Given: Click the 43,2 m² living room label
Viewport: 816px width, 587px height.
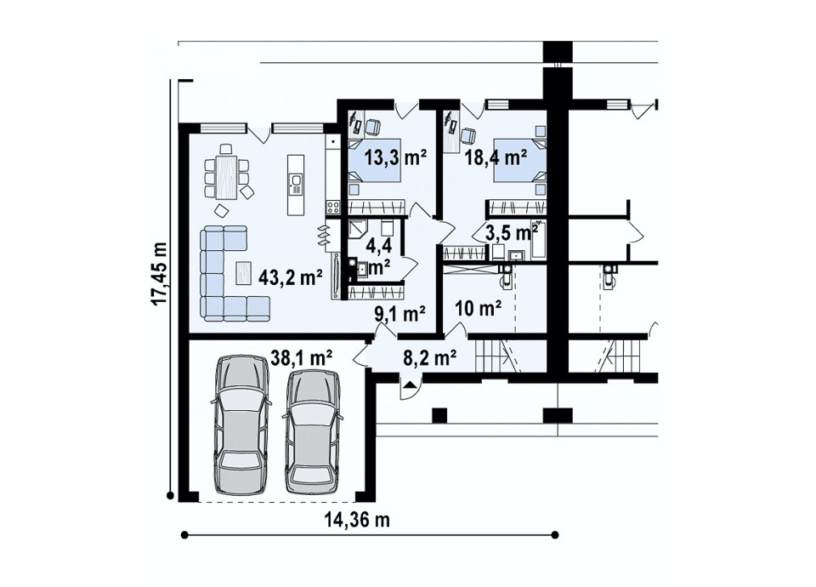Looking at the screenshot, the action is click(291, 277).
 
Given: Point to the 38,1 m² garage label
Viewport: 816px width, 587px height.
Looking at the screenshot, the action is click(302, 358).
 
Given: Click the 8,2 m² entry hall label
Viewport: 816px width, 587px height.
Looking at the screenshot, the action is click(430, 357).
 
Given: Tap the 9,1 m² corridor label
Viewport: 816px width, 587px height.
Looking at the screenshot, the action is click(400, 313).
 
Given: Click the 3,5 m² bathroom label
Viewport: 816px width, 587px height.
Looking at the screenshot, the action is click(512, 232).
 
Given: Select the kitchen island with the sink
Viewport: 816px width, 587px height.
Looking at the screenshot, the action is click(296, 185).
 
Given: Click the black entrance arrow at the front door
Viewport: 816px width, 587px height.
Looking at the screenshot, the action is click(410, 385).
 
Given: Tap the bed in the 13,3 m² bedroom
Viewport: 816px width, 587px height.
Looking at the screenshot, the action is click(374, 161).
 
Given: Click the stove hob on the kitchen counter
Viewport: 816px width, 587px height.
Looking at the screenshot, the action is click(333, 208).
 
